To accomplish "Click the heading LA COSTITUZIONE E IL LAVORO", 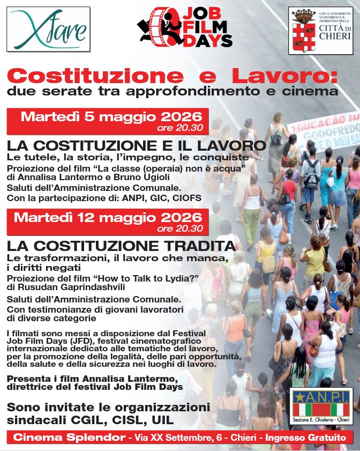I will [136, 145].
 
